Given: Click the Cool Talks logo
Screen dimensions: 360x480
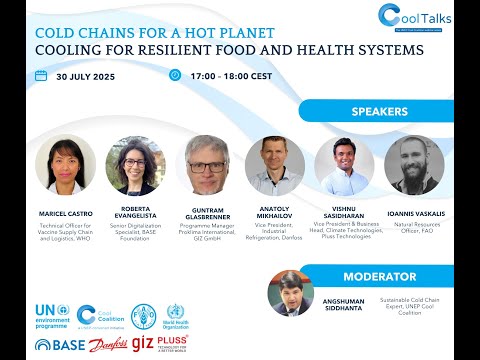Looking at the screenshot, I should coord(414,17).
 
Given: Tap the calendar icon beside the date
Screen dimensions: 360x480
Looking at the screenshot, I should coord(41,75).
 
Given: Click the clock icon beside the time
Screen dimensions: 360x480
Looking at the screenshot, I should coord(176,75).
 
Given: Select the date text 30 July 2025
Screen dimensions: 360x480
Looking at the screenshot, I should coord(88,76).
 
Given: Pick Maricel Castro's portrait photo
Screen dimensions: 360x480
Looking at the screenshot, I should coord(65,165).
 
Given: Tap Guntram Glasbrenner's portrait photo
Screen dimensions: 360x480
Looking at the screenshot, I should coord(207,165).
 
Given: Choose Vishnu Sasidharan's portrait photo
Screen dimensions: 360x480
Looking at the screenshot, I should coord(344,163).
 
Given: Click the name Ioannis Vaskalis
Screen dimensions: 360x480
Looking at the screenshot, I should coord(413,212).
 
